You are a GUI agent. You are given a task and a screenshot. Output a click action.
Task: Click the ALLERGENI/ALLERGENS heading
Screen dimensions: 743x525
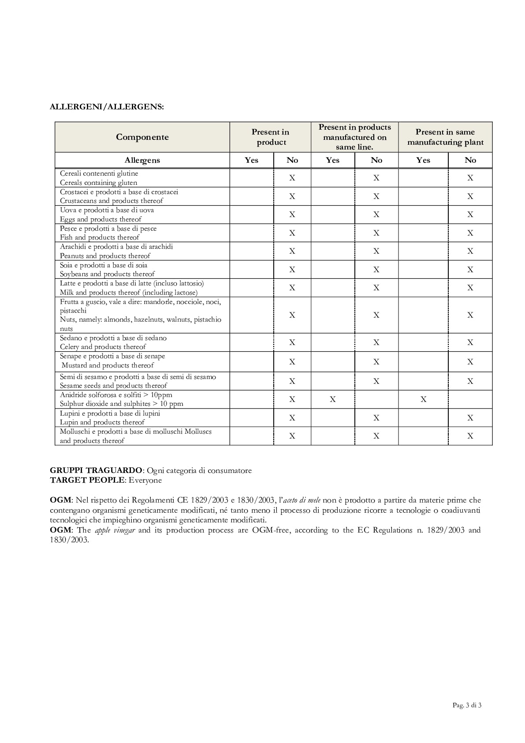pyautogui.click(x=107, y=107)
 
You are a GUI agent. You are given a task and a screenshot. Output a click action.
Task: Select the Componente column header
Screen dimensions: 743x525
pyautogui.click(x=142, y=137)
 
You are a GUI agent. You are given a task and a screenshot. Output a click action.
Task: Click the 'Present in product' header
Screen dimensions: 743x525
pyautogui.click(x=271, y=137)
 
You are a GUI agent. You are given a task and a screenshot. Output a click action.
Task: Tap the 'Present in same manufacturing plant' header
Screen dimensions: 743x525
pyautogui.click(x=445, y=137)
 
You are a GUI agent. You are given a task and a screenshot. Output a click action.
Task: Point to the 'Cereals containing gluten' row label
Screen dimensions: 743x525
pyautogui.click(x=98, y=183)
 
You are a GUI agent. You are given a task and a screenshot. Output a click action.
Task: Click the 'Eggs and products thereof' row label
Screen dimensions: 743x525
pyautogui.click(x=101, y=219)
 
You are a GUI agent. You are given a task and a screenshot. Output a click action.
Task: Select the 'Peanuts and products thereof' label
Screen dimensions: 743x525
pyautogui.click(x=105, y=256)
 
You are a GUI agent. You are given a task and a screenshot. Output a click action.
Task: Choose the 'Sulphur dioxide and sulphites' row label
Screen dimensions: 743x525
pyautogui.click(x=121, y=404)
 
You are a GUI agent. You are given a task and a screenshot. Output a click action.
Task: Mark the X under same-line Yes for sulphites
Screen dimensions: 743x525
pyautogui.click(x=333, y=399)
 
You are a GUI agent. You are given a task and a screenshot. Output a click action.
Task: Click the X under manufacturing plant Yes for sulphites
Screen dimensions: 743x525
pyautogui.click(x=423, y=399)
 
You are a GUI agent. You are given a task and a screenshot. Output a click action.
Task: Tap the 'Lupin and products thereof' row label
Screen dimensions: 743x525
pyautogui.click(x=102, y=422)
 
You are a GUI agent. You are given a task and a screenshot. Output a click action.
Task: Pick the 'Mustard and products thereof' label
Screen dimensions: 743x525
pyautogui.click(x=108, y=365)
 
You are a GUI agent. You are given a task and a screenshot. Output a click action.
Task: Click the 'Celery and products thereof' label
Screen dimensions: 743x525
pyautogui.click(x=103, y=347)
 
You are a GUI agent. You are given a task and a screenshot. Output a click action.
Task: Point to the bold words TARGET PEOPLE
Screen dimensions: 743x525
pyautogui.click(x=88, y=480)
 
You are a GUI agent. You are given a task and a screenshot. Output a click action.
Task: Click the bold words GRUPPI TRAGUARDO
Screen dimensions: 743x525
pyautogui.click(x=96, y=470)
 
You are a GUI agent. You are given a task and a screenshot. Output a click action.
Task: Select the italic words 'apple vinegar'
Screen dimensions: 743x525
pyautogui.click(x=115, y=530)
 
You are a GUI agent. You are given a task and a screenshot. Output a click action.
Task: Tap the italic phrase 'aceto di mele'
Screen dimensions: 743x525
pyautogui.click(x=302, y=500)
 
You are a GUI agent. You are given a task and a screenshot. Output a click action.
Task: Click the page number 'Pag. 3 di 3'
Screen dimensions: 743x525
pyautogui.click(x=467, y=705)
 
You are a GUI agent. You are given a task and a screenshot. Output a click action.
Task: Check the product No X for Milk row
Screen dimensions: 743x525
pyautogui.click(x=292, y=288)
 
